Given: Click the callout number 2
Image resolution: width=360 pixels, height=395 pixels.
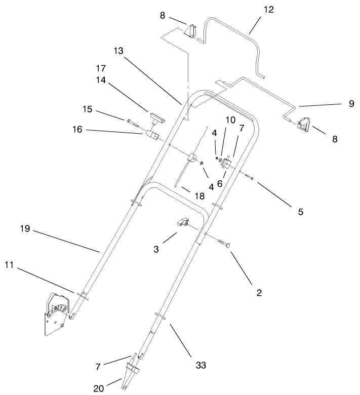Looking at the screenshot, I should click(x=259, y=292).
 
